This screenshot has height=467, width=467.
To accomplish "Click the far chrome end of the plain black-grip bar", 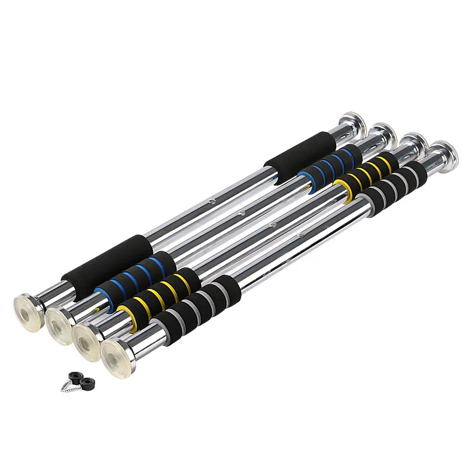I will tap(353, 123).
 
